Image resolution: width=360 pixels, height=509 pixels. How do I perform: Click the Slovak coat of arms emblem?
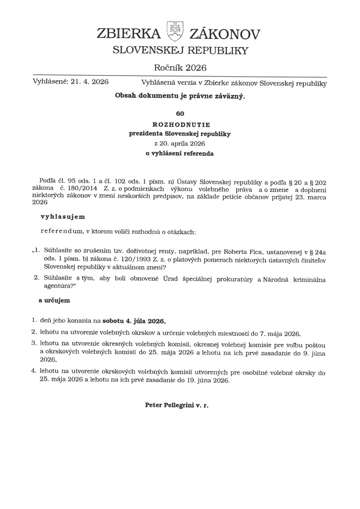174,31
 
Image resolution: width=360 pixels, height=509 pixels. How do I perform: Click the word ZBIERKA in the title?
129,34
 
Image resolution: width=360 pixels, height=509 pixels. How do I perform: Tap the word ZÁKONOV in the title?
224,34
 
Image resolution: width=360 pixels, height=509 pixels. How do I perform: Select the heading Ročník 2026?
180,67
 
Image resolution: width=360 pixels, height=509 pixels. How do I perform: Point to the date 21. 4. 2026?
89,82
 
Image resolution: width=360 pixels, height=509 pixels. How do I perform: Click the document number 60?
180,113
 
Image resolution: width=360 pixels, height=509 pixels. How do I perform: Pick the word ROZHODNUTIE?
180,125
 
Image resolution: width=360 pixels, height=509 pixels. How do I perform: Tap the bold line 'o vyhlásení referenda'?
180,153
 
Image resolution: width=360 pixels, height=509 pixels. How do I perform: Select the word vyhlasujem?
63,217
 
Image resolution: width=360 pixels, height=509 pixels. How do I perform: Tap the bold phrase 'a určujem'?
54,301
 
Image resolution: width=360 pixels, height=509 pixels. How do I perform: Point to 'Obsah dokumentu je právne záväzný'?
180,96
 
